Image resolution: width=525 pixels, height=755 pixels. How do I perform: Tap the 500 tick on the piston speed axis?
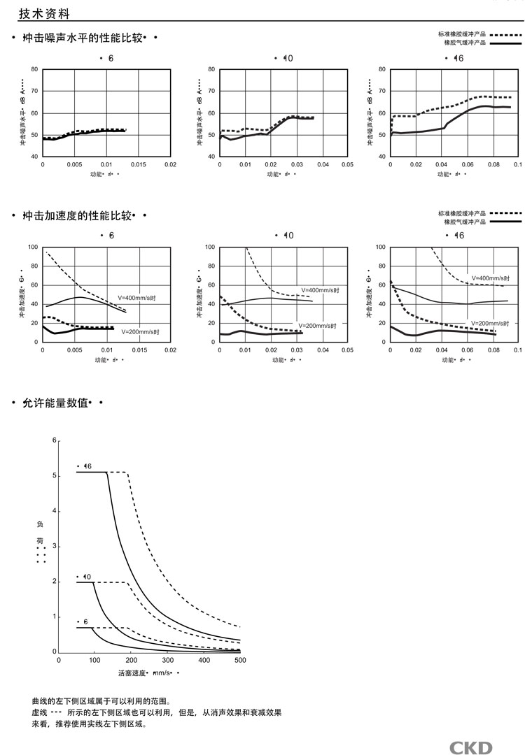click(x=239, y=660)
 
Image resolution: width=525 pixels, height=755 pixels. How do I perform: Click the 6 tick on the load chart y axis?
click(x=52, y=440)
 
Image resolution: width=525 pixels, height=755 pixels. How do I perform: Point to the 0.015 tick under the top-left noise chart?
click(x=139, y=165)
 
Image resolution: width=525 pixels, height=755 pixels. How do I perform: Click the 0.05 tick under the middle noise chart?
click(x=346, y=165)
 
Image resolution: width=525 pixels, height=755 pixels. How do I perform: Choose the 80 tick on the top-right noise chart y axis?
click(x=382, y=70)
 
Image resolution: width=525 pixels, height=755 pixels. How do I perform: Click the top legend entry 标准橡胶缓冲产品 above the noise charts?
click(x=462, y=34)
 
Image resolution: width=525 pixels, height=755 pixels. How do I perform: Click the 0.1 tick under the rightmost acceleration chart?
click(x=517, y=350)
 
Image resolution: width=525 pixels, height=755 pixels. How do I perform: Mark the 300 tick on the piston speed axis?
click(x=167, y=660)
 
